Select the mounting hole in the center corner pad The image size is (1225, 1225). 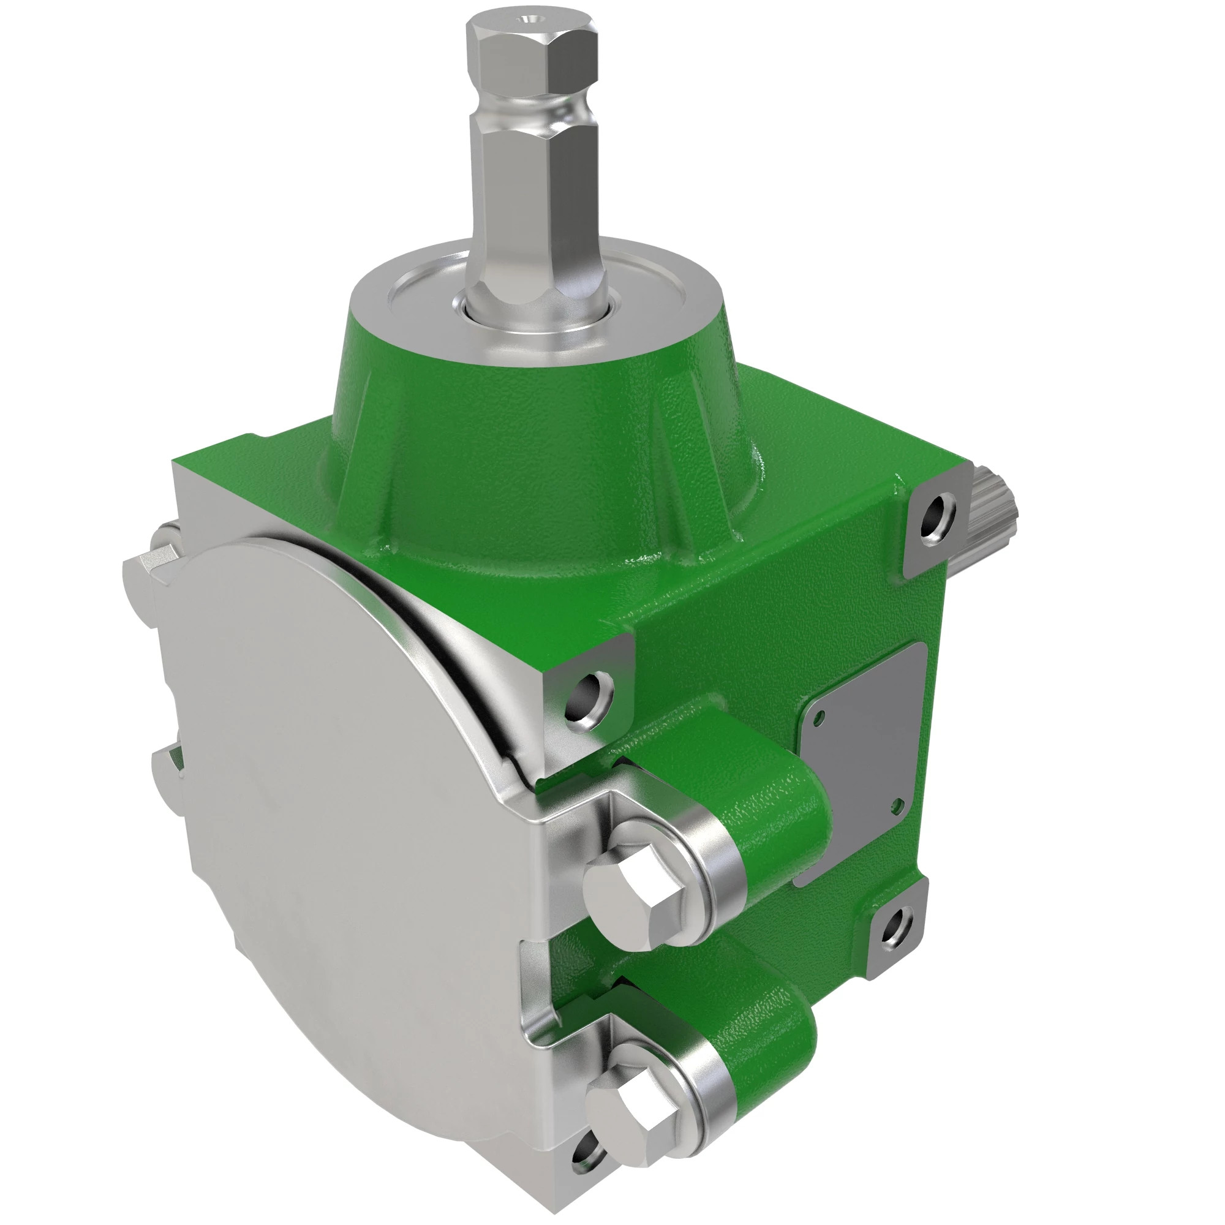tap(590, 701)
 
